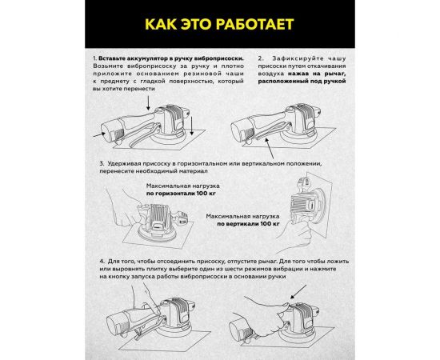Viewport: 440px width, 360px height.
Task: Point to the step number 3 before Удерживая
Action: [94, 162]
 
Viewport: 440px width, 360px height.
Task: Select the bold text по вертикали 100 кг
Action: [241, 226]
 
